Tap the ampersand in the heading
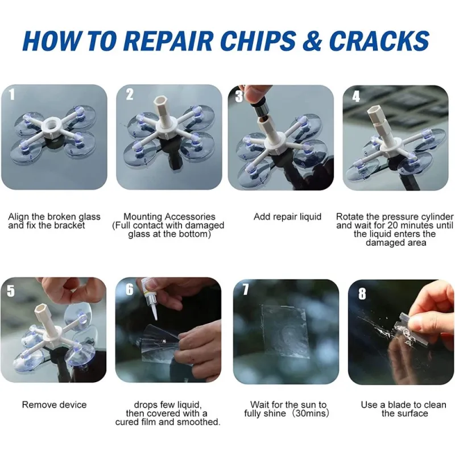click(312, 40)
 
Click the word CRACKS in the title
click(379, 40)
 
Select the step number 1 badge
click(11, 94)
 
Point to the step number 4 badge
click(356, 96)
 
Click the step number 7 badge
click(246, 289)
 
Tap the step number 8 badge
click(362, 293)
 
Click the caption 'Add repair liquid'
click(287, 217)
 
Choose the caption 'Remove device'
click(54, 404)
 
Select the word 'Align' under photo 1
click(19, 217)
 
